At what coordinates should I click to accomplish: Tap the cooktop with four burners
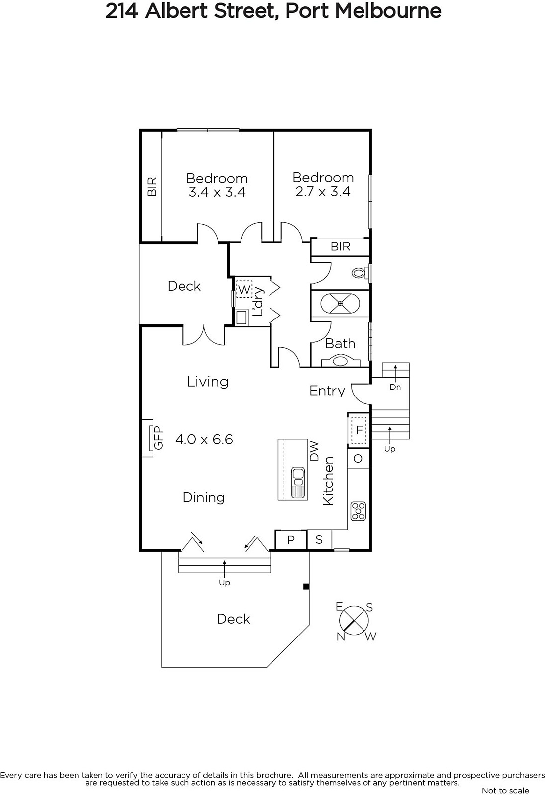click(x=358, y=511)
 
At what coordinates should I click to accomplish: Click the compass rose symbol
click(x=354, y=621)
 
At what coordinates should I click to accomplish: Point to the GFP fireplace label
click(x=158, y=437)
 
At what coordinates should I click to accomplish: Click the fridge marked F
click(x=359, y=430)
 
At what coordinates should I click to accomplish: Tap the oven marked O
click(x=358, y=458)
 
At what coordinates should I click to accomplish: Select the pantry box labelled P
click(x=291, y=540)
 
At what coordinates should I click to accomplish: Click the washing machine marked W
click(x=244, y=290)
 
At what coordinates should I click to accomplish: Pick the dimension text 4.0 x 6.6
click(x=204, y=439)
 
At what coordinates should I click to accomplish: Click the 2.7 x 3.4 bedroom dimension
click(x=323, y=192)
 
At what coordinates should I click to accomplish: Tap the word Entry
click(x=327, y=391)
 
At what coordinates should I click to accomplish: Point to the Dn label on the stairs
click(x=395, y=387)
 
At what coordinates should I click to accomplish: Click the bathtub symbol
click(x=340, y=304)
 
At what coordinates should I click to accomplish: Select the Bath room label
click(x=340, y=343)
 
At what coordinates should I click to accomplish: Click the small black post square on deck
click(x=306, y=587)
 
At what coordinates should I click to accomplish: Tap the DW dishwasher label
click(x=314, y=451)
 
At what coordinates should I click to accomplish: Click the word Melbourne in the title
click(x=388, y=11)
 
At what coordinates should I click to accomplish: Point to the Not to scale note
click(x=505, y=790)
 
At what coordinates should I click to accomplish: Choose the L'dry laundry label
click(x=258, y=301)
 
